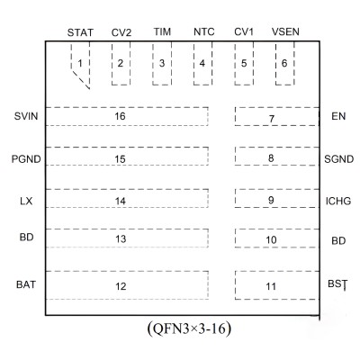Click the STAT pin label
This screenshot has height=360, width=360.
tap(80, 32)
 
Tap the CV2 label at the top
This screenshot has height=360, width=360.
tap(121, 32)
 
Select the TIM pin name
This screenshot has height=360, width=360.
tap(162, 31)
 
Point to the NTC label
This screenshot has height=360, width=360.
tap(203, 31)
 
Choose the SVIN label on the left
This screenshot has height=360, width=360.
tap(26, 116)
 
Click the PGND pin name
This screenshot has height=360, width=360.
tap(26, 159)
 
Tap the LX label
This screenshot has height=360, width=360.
tap(26, 201)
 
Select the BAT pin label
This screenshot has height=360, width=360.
tap(26, 284)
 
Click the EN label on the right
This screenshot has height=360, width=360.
tap(338, 116)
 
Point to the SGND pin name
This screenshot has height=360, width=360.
tap(339, 159)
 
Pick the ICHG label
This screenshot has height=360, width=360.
tap(338, 201)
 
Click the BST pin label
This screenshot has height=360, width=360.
tap(337, 284)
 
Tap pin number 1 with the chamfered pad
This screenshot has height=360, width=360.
tap(80, 63)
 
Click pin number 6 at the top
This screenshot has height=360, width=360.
tap(284, 63)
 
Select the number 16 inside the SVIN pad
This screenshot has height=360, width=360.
tap(120, 116)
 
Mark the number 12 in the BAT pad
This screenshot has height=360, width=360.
tap(121, 286)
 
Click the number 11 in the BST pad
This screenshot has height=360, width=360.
tap(271, 286)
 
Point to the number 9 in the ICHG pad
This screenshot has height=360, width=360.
tap(271, 200)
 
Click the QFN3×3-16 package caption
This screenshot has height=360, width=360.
tap(189, 328)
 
